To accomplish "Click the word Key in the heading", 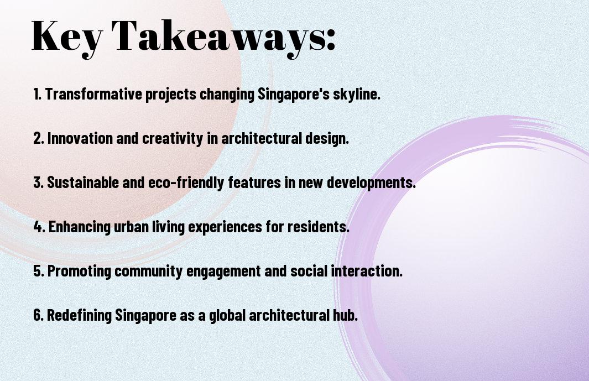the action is point(67,37).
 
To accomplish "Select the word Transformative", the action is point(94,94).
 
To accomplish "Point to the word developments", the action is point(371,183).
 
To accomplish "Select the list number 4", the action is point(38,227).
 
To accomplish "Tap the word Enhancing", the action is point(79,227).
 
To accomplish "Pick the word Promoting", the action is point(79,271).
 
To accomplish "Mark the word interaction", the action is point(367,271).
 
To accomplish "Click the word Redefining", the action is point(80,315).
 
